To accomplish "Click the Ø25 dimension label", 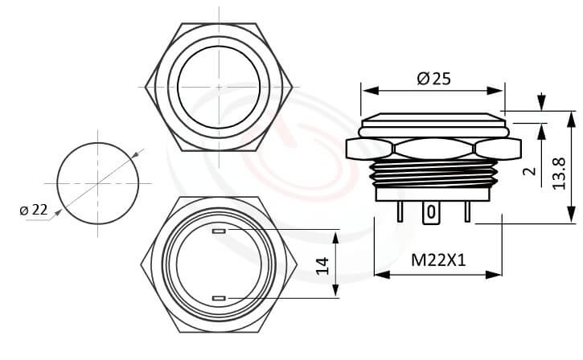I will coord(433,79).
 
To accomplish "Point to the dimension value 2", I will coord(529,171).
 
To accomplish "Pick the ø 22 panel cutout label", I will coord(33,209).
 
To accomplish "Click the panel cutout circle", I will coord(97,182).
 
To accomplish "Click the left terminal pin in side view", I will coord(400,211).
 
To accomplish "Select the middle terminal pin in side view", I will coord(432,212).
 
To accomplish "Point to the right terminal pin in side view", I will coord(466,211).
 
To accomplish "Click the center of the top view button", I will coord(219,85).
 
